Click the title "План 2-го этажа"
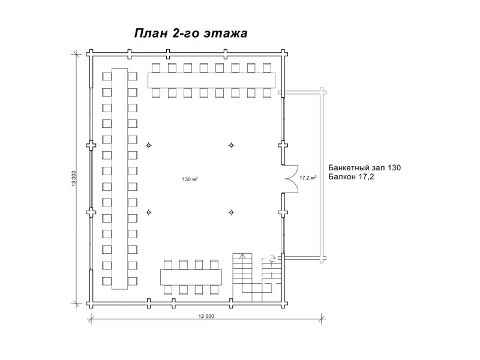coord(190,34)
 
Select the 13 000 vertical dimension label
coord(74,179)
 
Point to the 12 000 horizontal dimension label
coord(205,316)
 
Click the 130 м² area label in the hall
coord(191,179)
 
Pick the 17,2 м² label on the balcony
coord(307,178)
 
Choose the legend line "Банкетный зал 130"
coord(364,167)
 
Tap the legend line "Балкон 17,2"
coord(351,177)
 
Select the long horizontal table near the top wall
coord(211,80)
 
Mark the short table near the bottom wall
coord(191,277)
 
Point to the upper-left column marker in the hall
coord(149,145)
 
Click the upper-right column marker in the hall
coord(230,145)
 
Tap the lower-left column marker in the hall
coord(149,212)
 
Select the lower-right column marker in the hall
coord(230,212)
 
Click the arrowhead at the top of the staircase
coord(242,256)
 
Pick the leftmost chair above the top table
coord(156,67)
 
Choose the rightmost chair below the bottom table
coord(214,290)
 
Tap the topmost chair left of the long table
coord(107,76)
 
